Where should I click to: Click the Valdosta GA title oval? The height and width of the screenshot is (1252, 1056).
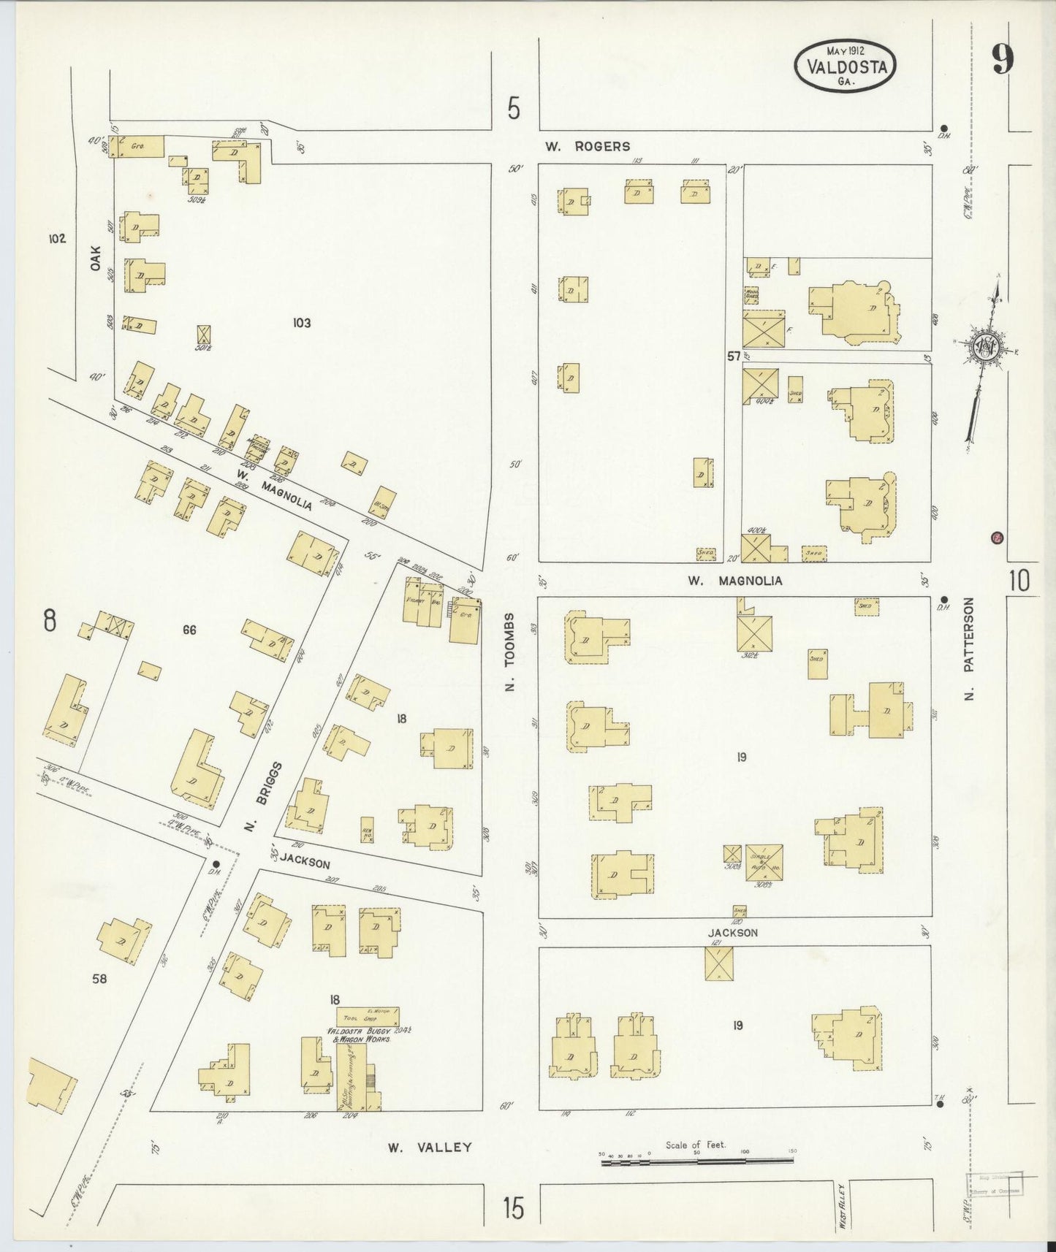(x=846, y=66)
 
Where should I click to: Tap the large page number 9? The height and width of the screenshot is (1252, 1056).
(x=1003, y=60)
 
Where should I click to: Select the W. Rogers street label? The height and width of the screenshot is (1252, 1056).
(x=587, y=146)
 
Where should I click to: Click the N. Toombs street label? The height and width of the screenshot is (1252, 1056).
(x=511, y=652)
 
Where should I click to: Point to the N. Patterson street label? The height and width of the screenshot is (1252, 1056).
(x=969, y=649)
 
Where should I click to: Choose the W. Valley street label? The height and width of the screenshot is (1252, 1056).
(x=429, y=1148)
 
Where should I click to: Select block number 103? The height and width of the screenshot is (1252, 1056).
(x=301, y=322)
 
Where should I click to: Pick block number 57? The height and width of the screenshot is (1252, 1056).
(x=734, y=356)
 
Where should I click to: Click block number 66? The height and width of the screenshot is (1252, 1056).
(x=189, y=630)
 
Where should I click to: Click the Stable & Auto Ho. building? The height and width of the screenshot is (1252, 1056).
(x=764, y=862)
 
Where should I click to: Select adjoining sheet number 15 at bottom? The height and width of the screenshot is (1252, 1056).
(x=513, y=1209)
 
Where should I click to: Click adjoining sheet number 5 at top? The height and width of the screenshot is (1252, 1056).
(x=514, y=110)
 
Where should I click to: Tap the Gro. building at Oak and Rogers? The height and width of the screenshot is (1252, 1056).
(x=137, y=146)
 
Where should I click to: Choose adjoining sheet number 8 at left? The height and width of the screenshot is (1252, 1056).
(x=49, y=621)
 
